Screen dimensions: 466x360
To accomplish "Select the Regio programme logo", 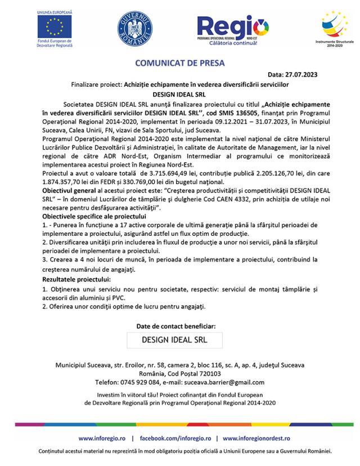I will tap(232, 28).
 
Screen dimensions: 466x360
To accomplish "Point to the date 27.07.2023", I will tap(309, 74).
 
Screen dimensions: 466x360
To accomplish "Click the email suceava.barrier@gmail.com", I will tap(228, 382).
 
